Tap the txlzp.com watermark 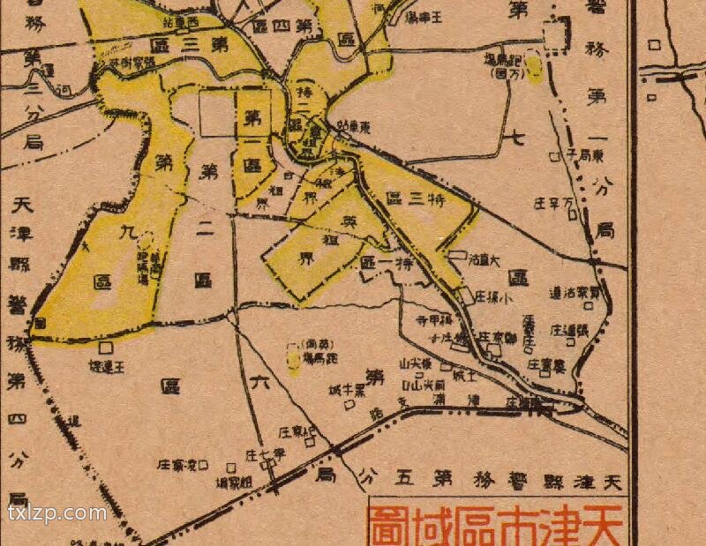(x=57, y=512)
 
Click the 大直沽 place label (x=484, y=259)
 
